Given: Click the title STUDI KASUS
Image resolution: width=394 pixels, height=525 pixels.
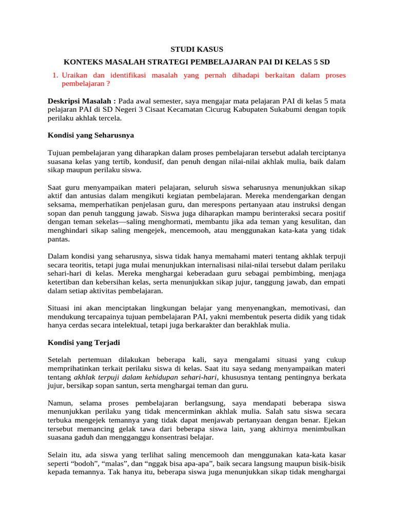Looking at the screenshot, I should click(197, 50).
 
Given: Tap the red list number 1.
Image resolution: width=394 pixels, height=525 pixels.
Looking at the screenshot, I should click(55, 75).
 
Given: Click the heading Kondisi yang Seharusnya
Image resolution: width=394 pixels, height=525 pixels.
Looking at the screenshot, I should click(91, 135).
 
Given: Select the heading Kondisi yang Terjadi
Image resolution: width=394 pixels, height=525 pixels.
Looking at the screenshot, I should click(84, 342).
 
